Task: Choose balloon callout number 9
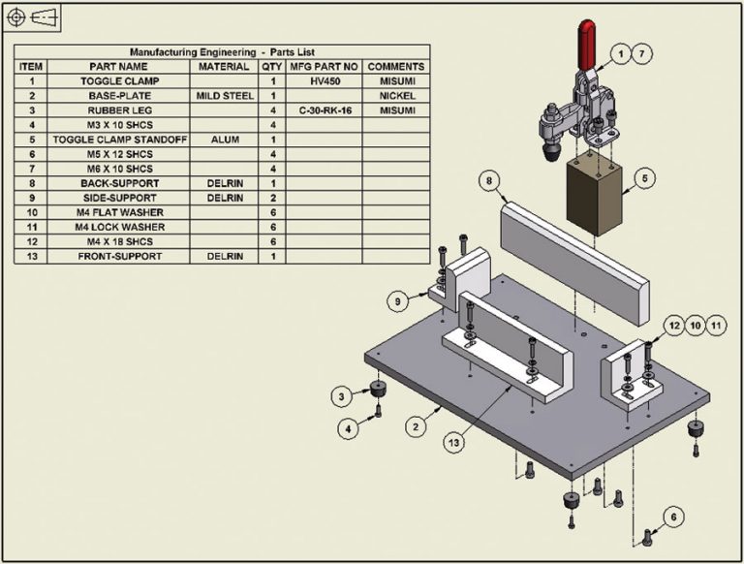pos(398,302)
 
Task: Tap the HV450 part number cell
pos(324,82)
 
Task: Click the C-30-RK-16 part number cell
pos(324,110)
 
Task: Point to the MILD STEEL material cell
pos(225,97)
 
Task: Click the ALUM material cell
pos(225,140)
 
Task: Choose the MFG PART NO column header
pos(324,67)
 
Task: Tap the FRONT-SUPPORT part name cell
pos(121,256)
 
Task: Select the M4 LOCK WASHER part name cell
pos(121,227)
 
